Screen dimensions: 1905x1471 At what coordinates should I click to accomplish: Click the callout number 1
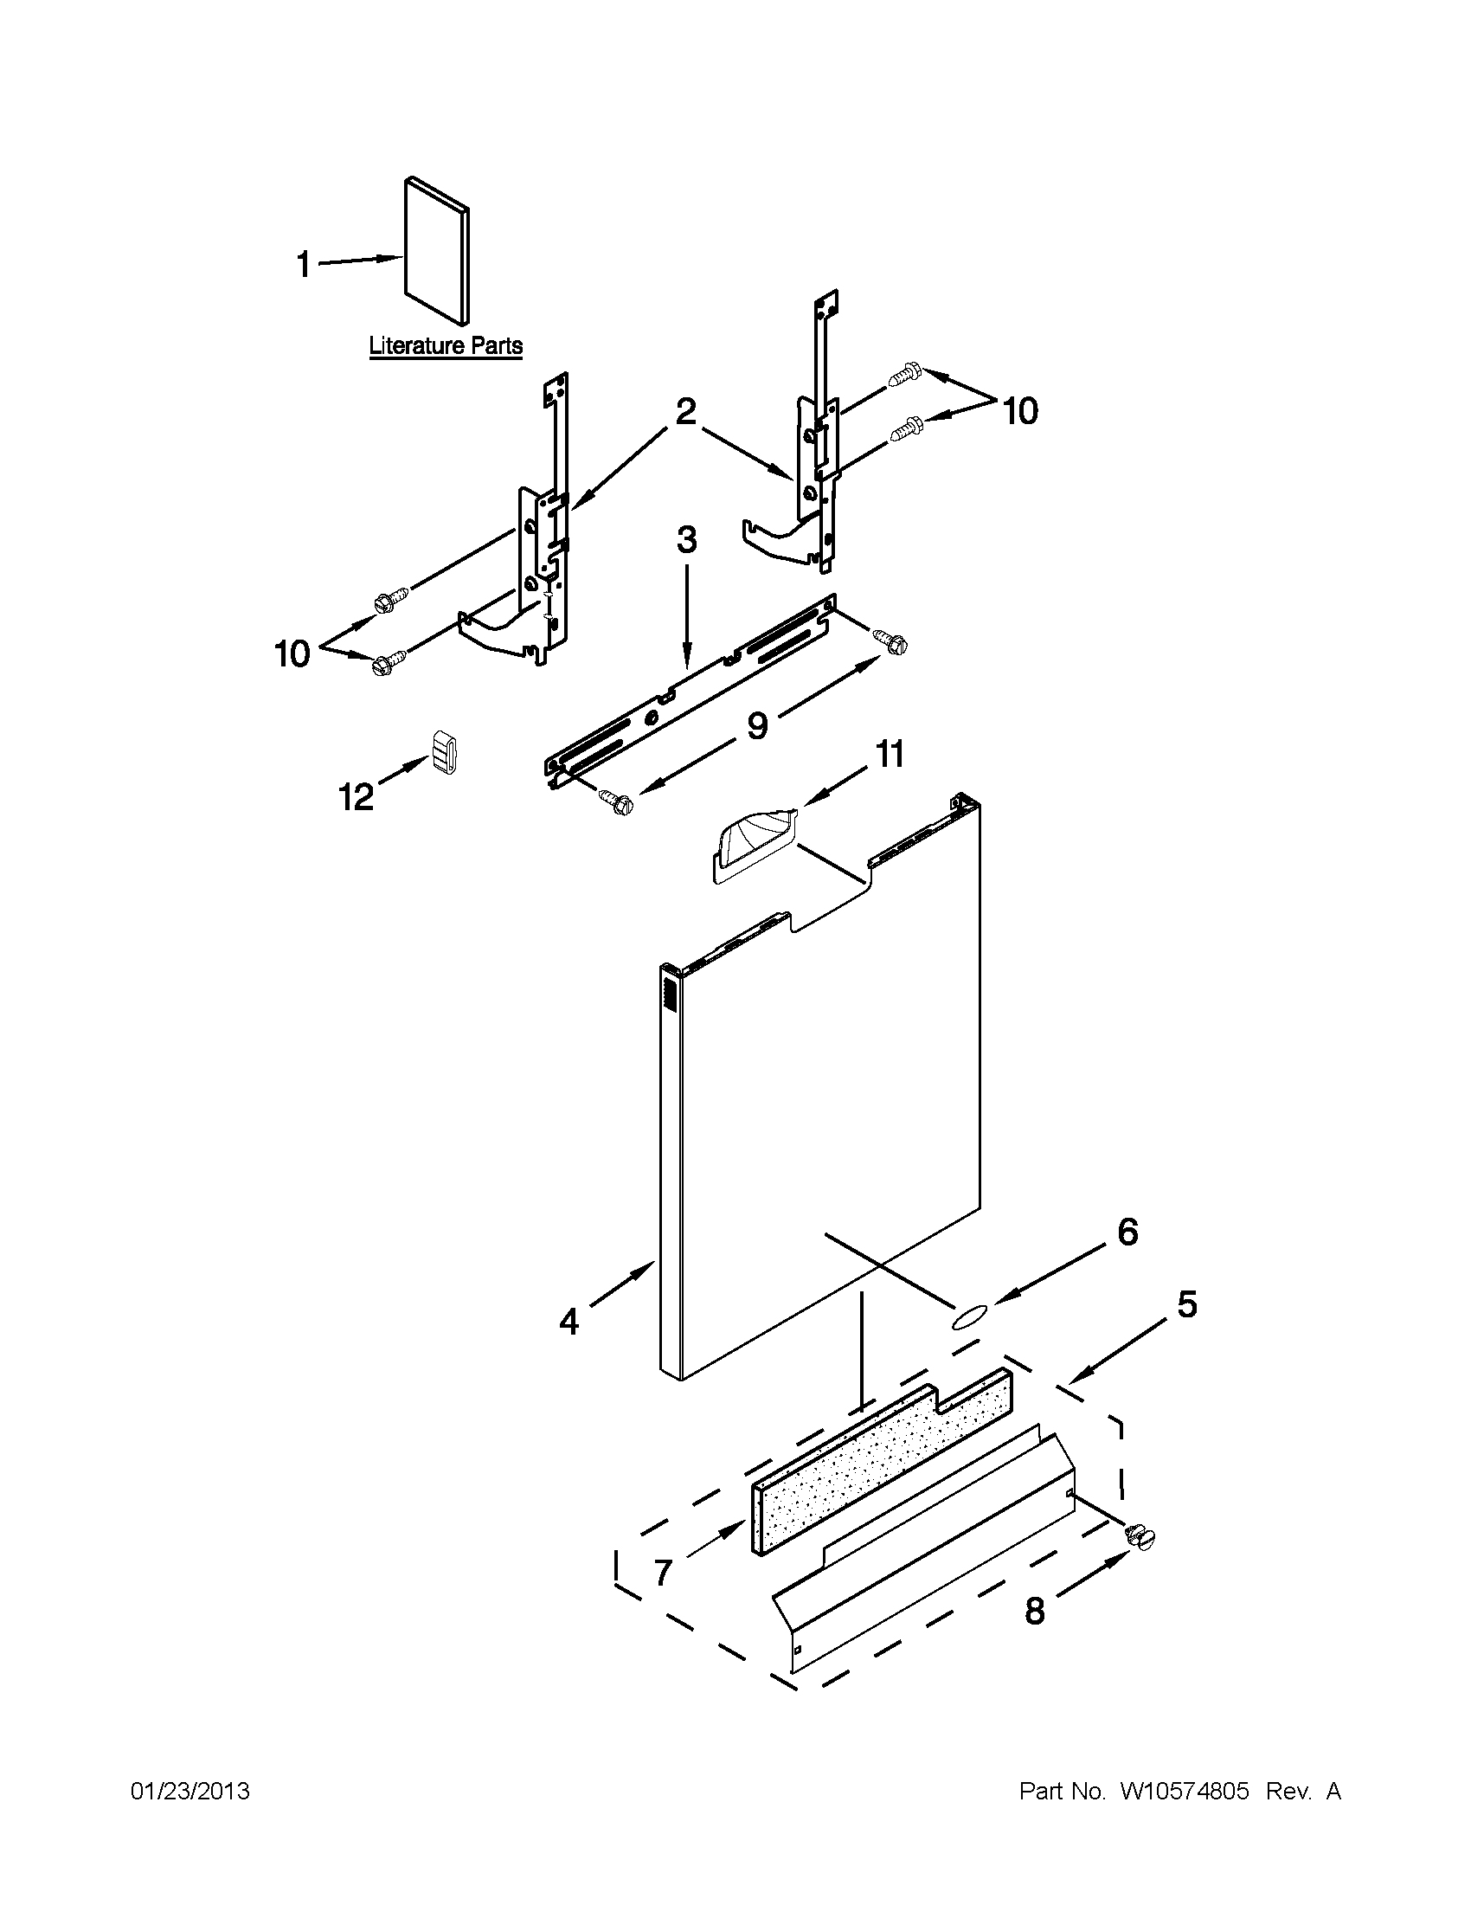coord(304,264)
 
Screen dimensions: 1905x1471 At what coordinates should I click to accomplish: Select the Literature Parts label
coord(446,345)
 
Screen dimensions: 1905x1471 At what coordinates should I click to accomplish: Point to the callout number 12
coord(357,795)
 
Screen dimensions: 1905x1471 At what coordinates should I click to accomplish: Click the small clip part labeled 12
coord(444,752)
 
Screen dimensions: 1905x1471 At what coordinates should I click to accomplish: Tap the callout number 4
coord(568,1323)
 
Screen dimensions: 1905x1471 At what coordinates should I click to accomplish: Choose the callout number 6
coord(1127,1232)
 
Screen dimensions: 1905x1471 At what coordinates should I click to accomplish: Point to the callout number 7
coord(663,1573)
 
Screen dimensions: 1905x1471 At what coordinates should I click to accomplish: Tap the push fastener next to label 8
coord(1140,1537)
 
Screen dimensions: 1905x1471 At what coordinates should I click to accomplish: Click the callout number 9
coord(757,724)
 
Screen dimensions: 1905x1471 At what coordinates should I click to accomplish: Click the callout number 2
coord(686,411)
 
